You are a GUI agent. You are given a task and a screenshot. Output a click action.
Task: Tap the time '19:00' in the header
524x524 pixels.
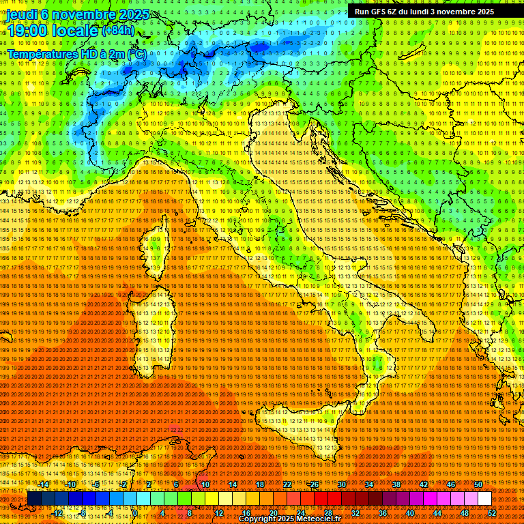pyautogui.click(x=28, y=31)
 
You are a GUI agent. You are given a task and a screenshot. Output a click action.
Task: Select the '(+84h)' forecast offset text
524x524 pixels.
pyautogui.click(x=118, y=31)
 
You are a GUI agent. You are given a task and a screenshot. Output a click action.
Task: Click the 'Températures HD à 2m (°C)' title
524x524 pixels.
pyautogui.click(x=76, y=53)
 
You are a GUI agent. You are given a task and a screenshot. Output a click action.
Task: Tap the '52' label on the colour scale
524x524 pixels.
pyautogui.click(x=492, y=513)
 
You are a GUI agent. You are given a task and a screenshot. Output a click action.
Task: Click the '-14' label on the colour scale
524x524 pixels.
pyautogui.click(x=44, y=484)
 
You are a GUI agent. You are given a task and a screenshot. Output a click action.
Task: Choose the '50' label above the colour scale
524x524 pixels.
pyautogui.click(x=478, y=484)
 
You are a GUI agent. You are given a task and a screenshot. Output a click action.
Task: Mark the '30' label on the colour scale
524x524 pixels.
pyautogui.click(x=342, y=484)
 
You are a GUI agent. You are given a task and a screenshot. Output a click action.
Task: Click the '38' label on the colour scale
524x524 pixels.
pyautogui.click(x=396, y=484)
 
